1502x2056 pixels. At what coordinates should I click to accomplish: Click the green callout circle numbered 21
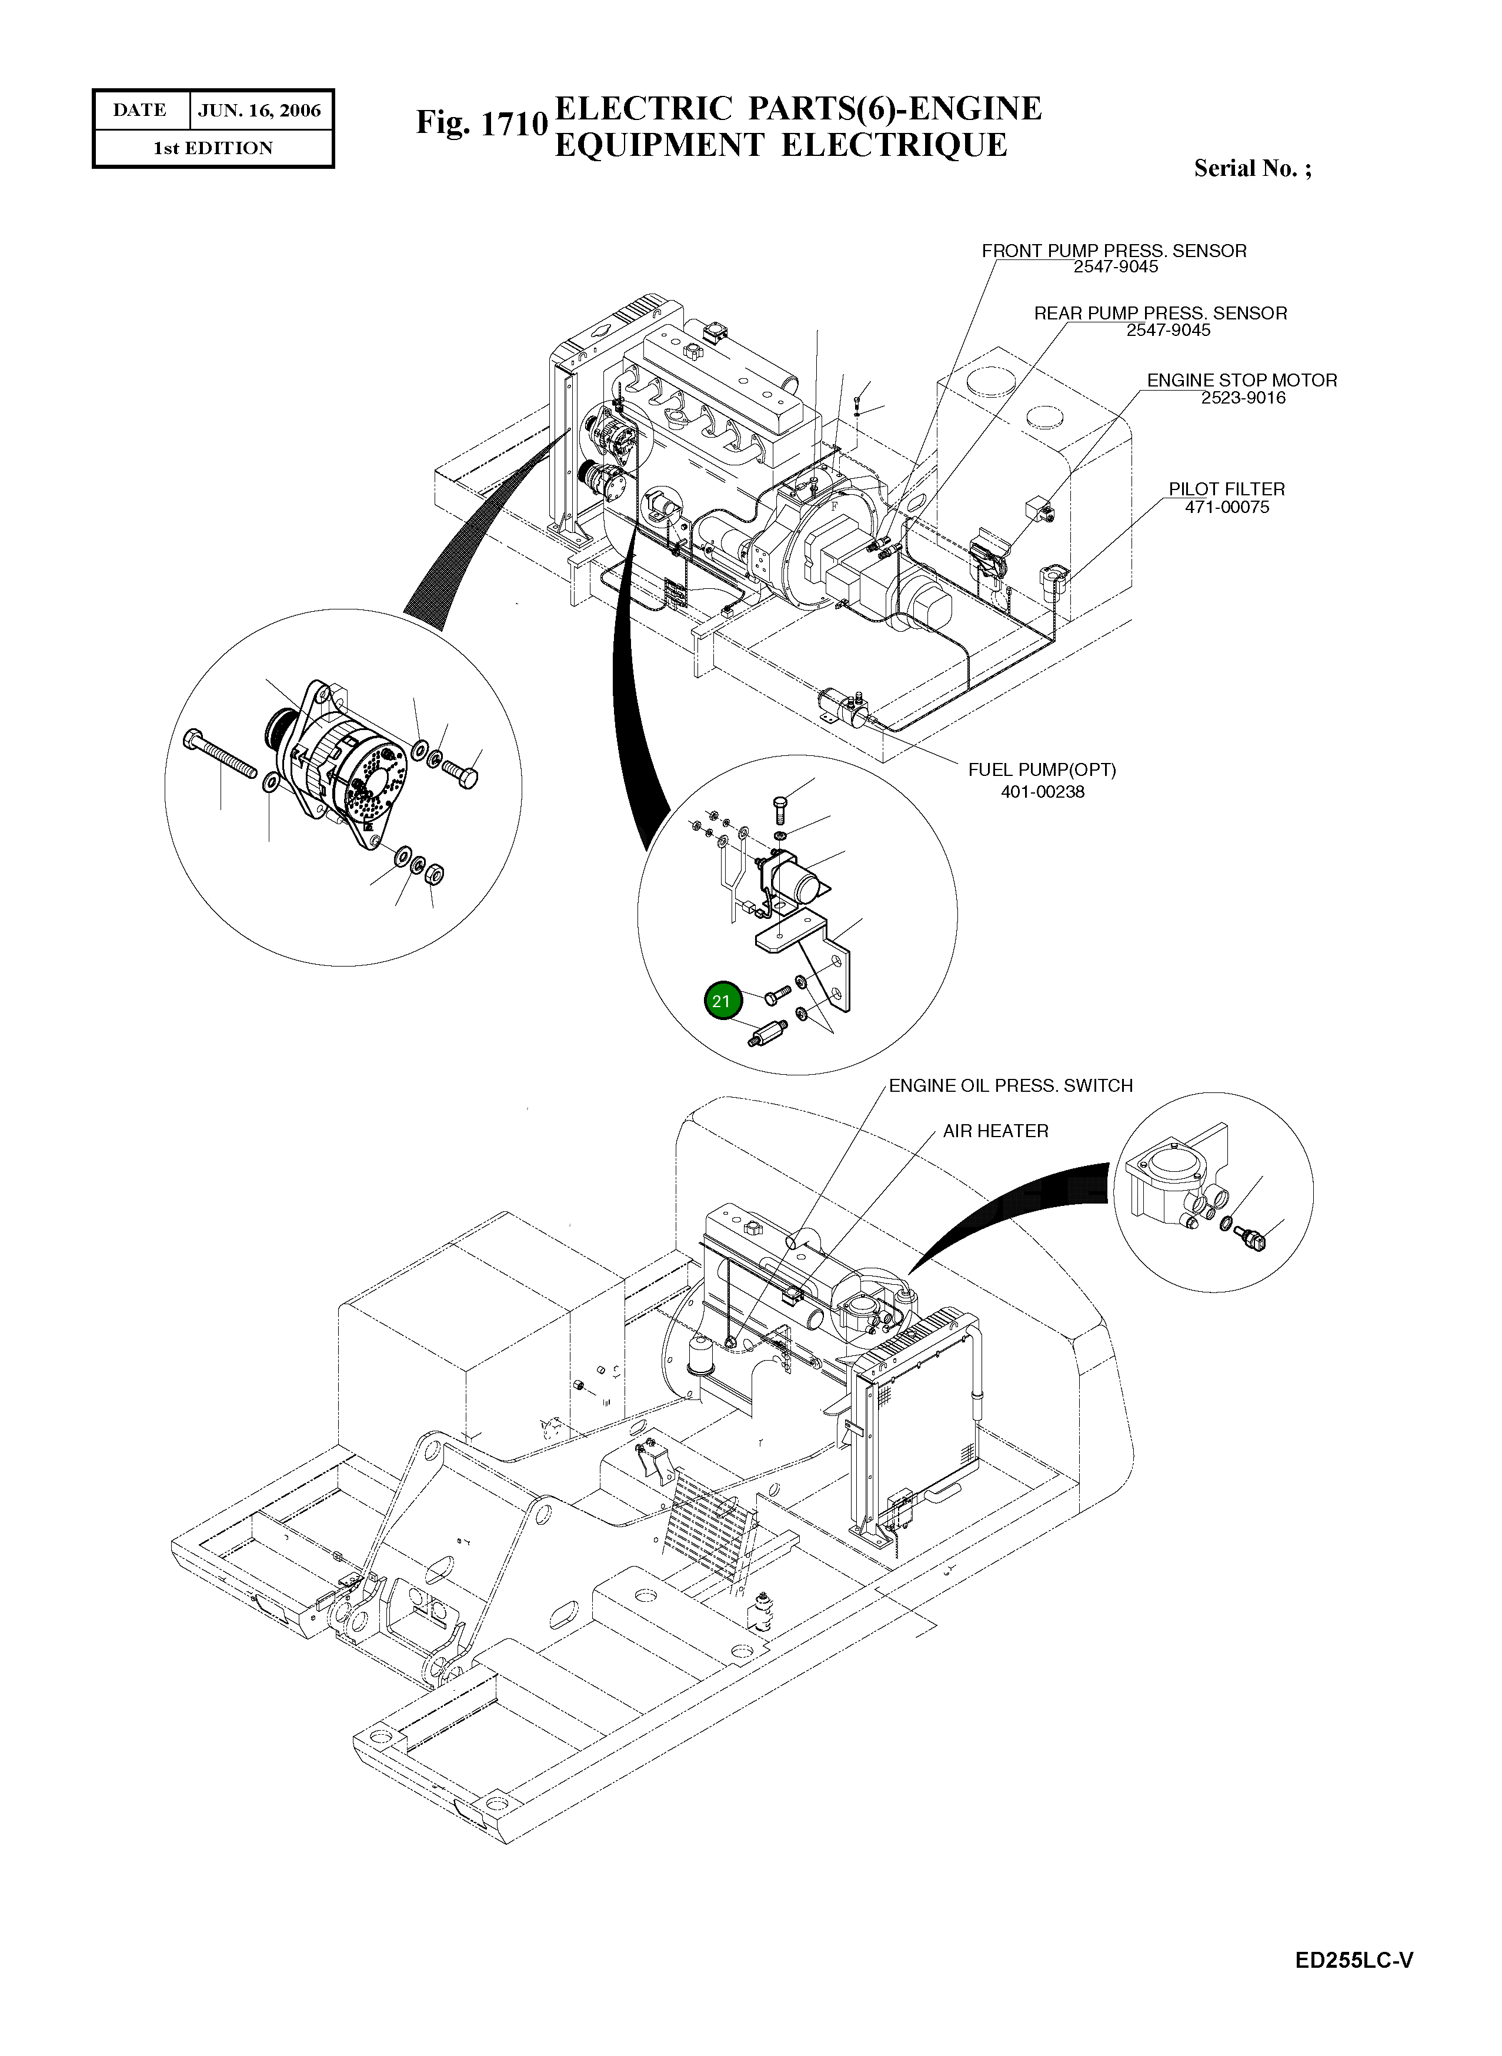722,1001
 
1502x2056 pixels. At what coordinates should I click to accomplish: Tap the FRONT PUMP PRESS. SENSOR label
1114,251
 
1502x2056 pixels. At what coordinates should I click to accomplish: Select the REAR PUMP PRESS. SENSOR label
1160,314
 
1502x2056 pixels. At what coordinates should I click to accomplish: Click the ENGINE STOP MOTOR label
1242,380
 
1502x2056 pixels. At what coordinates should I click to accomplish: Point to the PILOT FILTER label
1227,489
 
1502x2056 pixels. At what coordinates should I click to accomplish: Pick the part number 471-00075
1227,508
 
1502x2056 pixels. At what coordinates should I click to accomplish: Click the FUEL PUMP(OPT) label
1042,770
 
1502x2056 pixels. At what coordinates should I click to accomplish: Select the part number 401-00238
1043,792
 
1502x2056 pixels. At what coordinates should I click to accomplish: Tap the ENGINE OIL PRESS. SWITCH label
1010,1086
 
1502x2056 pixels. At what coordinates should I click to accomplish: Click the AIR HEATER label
996,1131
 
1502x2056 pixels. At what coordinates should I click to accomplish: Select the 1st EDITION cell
213,148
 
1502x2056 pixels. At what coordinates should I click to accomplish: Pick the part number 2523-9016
1243,398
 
